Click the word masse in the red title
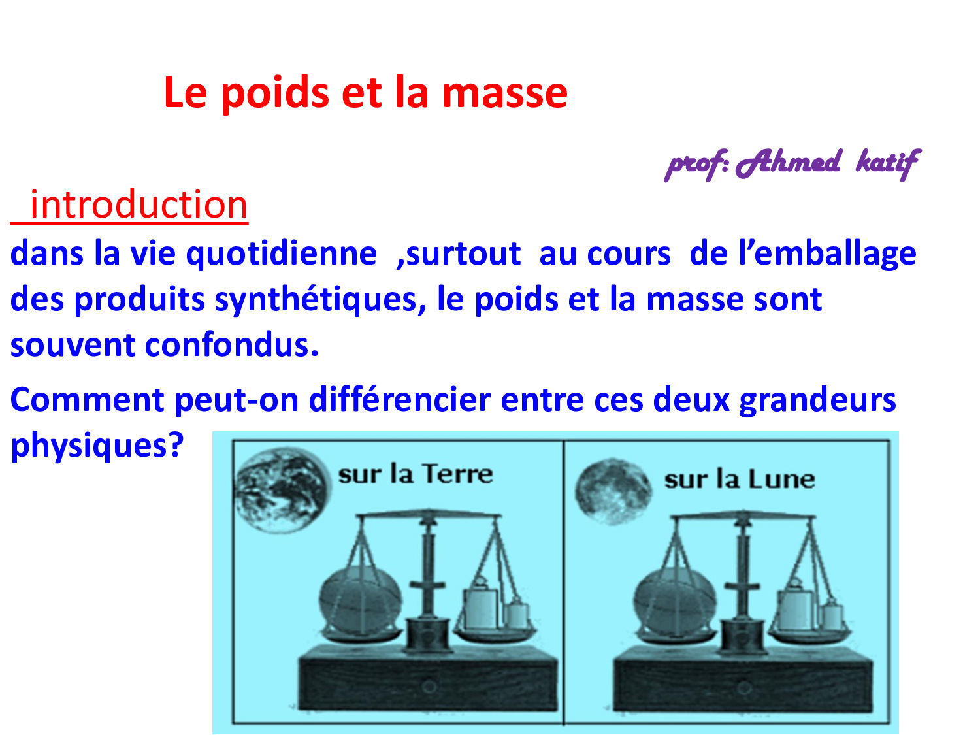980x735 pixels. point(504,93)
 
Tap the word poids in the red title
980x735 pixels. point(275,93)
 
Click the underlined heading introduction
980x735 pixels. point(139,205)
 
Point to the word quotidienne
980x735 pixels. point(282,254)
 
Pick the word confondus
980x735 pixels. point(232,345)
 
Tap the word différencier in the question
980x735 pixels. point(400,399)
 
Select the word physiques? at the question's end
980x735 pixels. point(97,446)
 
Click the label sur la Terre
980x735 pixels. point(416,474)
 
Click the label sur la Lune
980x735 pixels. point(740,480)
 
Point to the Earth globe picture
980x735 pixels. point(282,490)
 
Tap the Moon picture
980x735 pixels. point(613,491)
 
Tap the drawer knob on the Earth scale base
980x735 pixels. point(429,686)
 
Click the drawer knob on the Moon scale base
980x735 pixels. point(743,687)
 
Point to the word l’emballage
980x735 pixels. point(827,254)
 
